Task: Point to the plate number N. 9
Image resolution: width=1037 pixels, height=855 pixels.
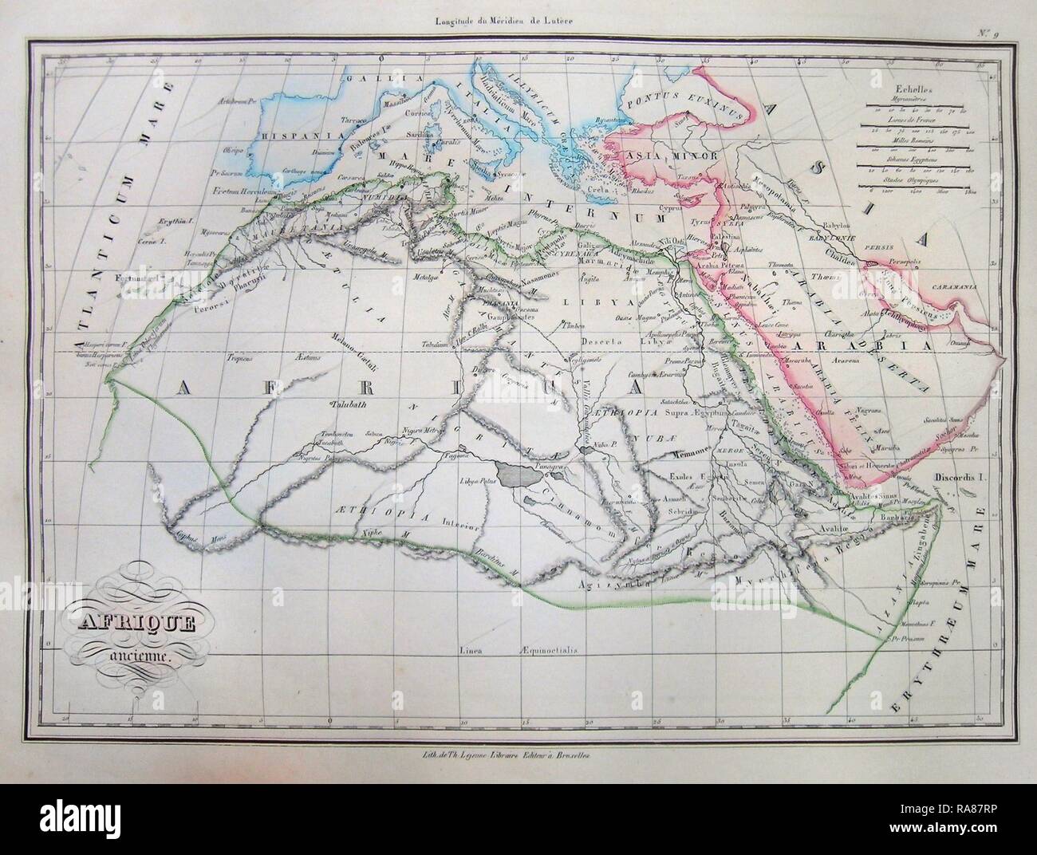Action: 995,34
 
